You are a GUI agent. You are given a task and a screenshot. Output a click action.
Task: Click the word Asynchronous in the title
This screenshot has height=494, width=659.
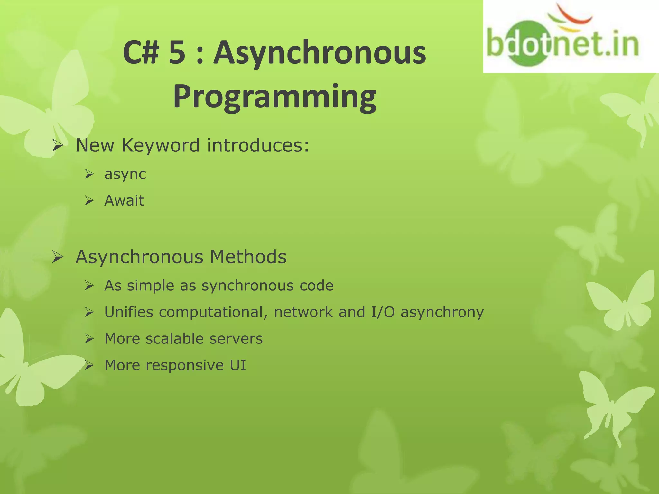point(320,53)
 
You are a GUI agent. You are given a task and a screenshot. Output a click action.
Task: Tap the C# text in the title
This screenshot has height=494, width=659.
point(141,53)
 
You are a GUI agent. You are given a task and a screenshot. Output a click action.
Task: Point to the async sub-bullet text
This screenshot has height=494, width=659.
point(125,174)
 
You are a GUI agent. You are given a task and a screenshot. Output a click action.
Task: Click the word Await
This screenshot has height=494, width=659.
point(124,201)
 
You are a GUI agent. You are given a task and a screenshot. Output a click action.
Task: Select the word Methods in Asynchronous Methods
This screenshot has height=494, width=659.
point(248,257)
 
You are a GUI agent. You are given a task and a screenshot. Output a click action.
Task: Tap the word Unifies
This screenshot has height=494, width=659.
point(129,312)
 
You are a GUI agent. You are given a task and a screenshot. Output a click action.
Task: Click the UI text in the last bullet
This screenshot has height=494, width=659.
point(238,365)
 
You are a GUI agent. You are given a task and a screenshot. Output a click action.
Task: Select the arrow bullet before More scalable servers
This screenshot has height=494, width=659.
point(89,339)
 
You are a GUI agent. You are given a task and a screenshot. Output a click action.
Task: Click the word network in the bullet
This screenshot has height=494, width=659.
point(303,312)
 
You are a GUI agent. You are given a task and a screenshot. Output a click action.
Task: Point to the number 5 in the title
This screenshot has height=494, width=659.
point(177,53)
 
